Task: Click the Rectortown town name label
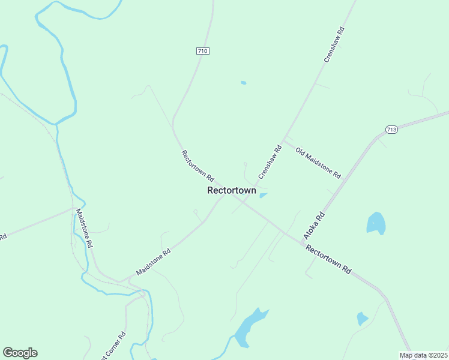click(232, 190)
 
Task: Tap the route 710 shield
click(202, 51)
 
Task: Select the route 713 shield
click(391, 130)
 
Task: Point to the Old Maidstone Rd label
click(318, 163)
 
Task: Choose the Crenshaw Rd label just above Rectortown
click(270, 162)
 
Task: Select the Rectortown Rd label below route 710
click(197, 166)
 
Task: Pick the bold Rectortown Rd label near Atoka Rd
click(328, 259)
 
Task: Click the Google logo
click(20, 353)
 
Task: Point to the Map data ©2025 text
click(424, 355)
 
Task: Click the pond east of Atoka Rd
click(376, 223)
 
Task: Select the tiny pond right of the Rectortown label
click(263, 195)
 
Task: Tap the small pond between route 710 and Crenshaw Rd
click(243, 83)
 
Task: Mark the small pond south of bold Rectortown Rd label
click(362, 318)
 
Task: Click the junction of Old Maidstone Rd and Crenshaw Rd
click(284, 142)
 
